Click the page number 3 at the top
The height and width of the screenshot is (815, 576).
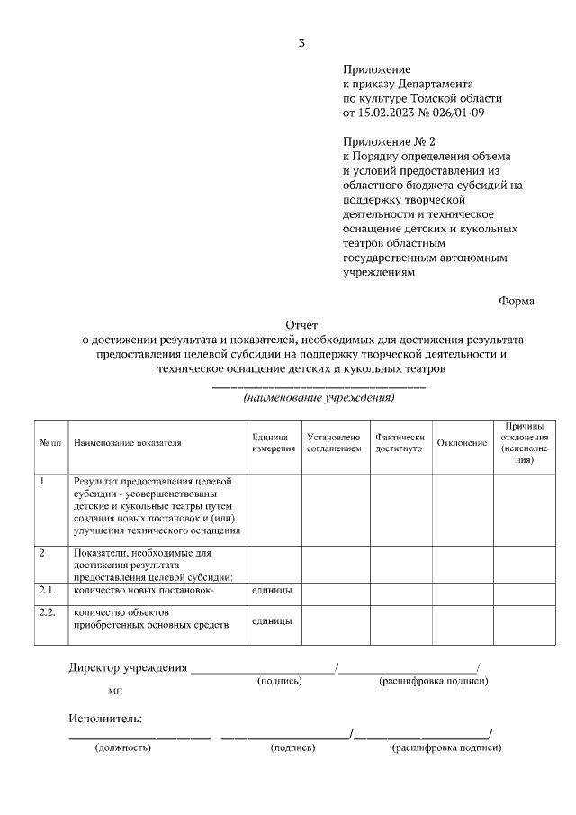coord(302,42)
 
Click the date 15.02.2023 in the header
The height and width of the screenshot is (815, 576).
coord(389,113)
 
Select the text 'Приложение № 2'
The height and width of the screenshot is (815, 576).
coord(388,141)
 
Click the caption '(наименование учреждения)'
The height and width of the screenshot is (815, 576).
coord(319,397)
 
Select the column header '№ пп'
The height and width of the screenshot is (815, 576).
coord(50,443)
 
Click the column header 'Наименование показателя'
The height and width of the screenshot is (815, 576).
coord(128,443)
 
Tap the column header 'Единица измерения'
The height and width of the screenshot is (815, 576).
coord(274,442)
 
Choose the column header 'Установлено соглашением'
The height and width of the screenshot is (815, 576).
coord(333,442)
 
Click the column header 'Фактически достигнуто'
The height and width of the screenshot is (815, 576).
coord(399,442)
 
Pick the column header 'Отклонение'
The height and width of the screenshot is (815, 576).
coord(461,443)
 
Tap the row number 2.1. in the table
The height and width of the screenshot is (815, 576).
coord(48,590)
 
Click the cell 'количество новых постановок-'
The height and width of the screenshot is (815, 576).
coord(144,590)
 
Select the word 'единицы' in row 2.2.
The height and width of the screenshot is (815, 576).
coord(271,620)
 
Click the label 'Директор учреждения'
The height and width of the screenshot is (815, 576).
coord(128,667)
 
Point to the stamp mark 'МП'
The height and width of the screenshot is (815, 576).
coord(115,692)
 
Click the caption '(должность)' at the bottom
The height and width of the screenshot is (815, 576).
coord(123,747)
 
